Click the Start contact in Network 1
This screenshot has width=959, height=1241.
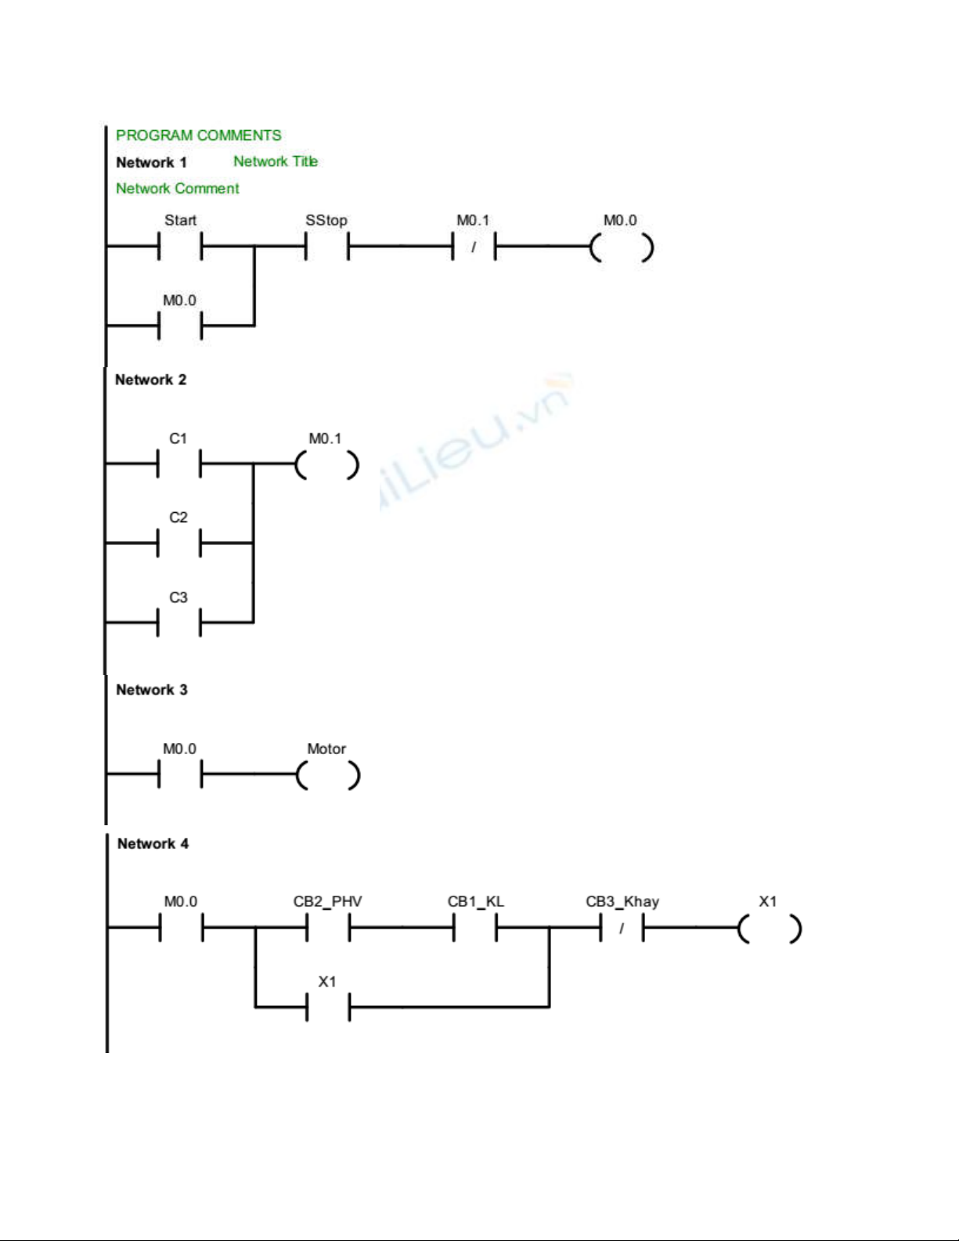(x=180, y=247)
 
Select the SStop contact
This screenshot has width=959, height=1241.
(x=326, y=247)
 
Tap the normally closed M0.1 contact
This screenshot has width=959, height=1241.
(x=474, y=247)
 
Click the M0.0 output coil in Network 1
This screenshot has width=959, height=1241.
(x=622, y=247)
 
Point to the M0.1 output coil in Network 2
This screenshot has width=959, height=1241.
(x=327, y=465)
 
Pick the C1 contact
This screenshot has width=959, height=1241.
(x=178, y=464)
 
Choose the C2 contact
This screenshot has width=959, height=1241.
(x=178, y=542)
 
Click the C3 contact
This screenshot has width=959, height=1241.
(x=178, y=622)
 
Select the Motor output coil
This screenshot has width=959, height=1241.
(x=328, y=775)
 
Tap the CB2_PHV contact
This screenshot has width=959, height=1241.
(x=328, y=928)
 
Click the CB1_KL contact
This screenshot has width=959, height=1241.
(x=475, y=928)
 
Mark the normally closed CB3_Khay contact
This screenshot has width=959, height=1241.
(x=622, y=928)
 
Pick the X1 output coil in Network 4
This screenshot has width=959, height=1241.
(x=769, y=929)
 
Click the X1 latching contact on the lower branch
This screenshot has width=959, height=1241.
(x=328, y=1007)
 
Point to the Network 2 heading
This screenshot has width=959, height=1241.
(x=150, y=380)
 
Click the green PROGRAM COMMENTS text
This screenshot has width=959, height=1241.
(x=198, y=135)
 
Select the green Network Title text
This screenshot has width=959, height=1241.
(x=276, y=161)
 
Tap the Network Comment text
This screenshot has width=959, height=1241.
(x=178, y=189)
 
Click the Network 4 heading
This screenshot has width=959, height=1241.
(x=153, y=844)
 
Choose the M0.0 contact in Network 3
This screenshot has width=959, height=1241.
(x=180, y=775)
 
